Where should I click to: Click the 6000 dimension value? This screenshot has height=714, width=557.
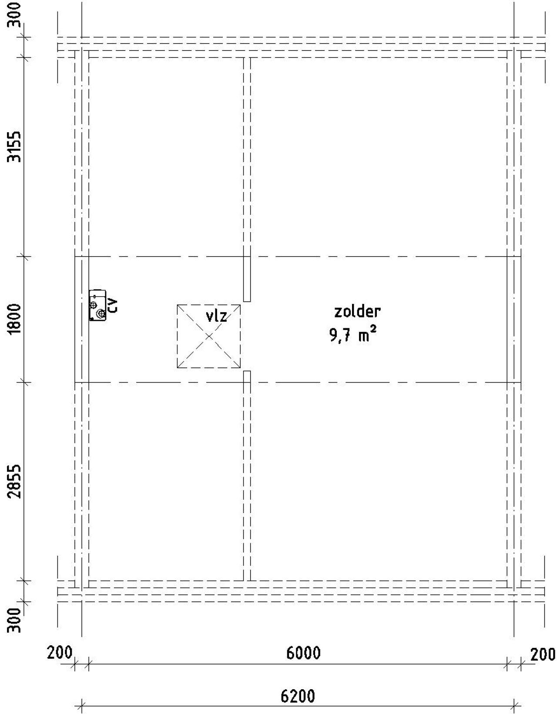coord(303,653)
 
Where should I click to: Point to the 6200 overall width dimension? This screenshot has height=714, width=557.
coord(298,696)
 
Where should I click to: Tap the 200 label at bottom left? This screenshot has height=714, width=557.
coord(59,653)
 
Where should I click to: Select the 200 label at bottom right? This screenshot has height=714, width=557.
coord(543,654)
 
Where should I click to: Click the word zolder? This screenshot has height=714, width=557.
coord(357,311)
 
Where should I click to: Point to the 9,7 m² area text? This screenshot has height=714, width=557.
coord(352,336)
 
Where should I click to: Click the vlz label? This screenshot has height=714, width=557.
coord(216,316)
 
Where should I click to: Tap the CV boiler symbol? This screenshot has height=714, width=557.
coord(97,306)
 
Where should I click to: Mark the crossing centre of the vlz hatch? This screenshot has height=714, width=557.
coord(209,336)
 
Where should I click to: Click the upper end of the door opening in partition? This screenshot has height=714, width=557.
coord(247,301)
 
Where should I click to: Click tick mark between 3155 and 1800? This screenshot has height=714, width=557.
coord(24,257)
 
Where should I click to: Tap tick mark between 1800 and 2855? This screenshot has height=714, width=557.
coord(24,383)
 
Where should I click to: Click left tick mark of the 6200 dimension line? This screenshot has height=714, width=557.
coord(82,705)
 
